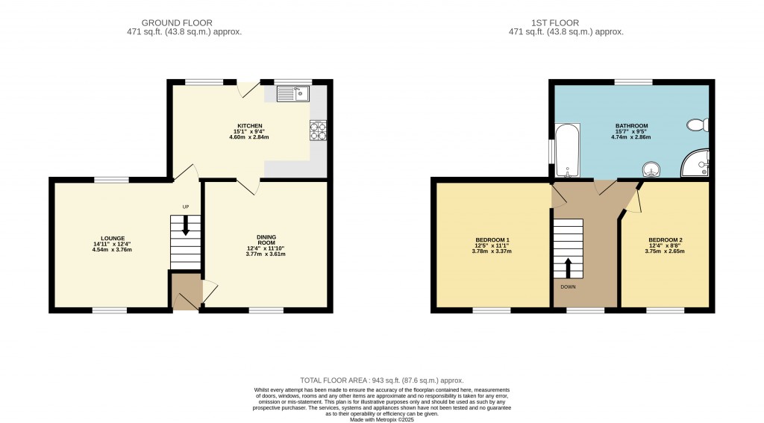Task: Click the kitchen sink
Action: click(292, 93)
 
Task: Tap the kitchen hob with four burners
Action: click(318, 131)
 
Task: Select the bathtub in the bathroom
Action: click(568, 150)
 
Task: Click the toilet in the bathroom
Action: click(698, 125)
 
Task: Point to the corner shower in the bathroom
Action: click(696, 163)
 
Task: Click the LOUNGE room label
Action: click(113, 239)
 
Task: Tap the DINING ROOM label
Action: click(266, 239)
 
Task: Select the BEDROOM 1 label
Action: click(492, 239)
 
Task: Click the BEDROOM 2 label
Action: click(665, 239)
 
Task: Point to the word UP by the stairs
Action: click(186, 207)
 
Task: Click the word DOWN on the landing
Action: click(568, 287)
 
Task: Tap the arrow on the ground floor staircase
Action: click(186, 225)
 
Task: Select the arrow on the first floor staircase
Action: click(568, 268)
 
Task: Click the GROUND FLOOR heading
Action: click(177, 23)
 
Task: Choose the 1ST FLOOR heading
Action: click(555, 23)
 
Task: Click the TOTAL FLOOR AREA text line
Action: click(381, 380)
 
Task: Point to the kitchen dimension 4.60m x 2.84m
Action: click(249, 137)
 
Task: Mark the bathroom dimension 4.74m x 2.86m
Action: click(631, 137)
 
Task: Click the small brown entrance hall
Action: click(186, 292)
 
